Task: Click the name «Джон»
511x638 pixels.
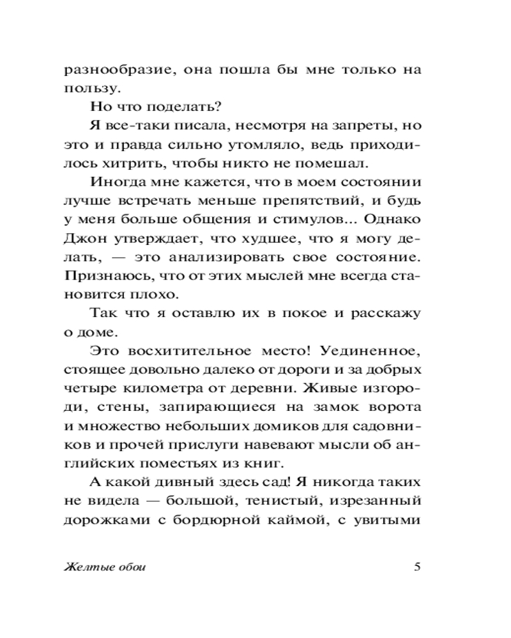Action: coord(84,237)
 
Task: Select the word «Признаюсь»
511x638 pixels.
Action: coord(98,274)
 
